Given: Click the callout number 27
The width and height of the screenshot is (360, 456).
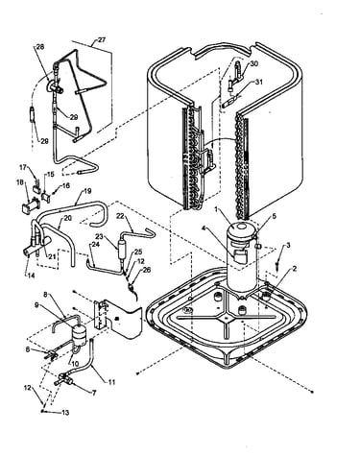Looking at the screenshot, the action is [x=102, y=40].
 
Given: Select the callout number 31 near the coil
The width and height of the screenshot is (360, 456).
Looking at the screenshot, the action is [x=258, y=83].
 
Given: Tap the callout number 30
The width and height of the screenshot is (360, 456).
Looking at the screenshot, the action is [x=253, y=64].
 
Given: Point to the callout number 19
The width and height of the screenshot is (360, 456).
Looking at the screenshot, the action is [x=87, y=191].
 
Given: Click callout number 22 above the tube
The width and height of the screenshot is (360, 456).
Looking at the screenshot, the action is [x=120, y=216].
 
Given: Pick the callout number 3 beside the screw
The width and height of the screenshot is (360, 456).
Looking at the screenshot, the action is [x=288, y=246].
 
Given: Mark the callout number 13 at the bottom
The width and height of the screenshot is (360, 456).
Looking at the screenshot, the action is [x=65, y=413].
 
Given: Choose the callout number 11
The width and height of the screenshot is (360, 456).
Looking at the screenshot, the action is [x=111, y=382].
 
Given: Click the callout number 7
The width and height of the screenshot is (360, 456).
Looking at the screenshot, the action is [x=94, y=394].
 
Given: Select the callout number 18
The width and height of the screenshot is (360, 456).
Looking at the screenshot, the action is [x=19, y=182].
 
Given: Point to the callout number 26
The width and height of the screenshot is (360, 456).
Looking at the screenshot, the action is [x=147, y=270].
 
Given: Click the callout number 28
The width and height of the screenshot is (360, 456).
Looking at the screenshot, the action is [x=40, y=47].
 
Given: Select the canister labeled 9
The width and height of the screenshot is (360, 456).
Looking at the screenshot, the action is [x=79, y=335].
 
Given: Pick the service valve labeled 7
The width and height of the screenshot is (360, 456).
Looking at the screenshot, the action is [x=63, y=379].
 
